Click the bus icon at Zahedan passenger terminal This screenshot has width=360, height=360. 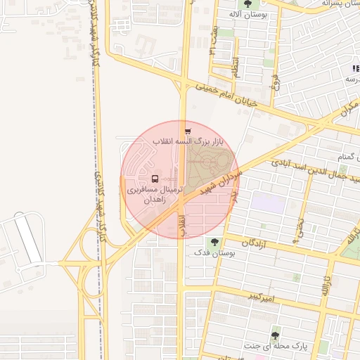pyautogui.click(x=155, y=179)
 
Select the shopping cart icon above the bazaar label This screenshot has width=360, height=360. pyautogui.click(x=187, y=131)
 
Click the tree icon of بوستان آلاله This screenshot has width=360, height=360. pyautogui.click(x=245, y=4)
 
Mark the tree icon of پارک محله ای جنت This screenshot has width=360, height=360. pyautogui.click(x=275, y=335)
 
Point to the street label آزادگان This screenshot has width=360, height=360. pyautogui.click(x=256, y=243)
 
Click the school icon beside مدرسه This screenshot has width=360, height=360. pyautogui.click(x=356, y=68)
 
